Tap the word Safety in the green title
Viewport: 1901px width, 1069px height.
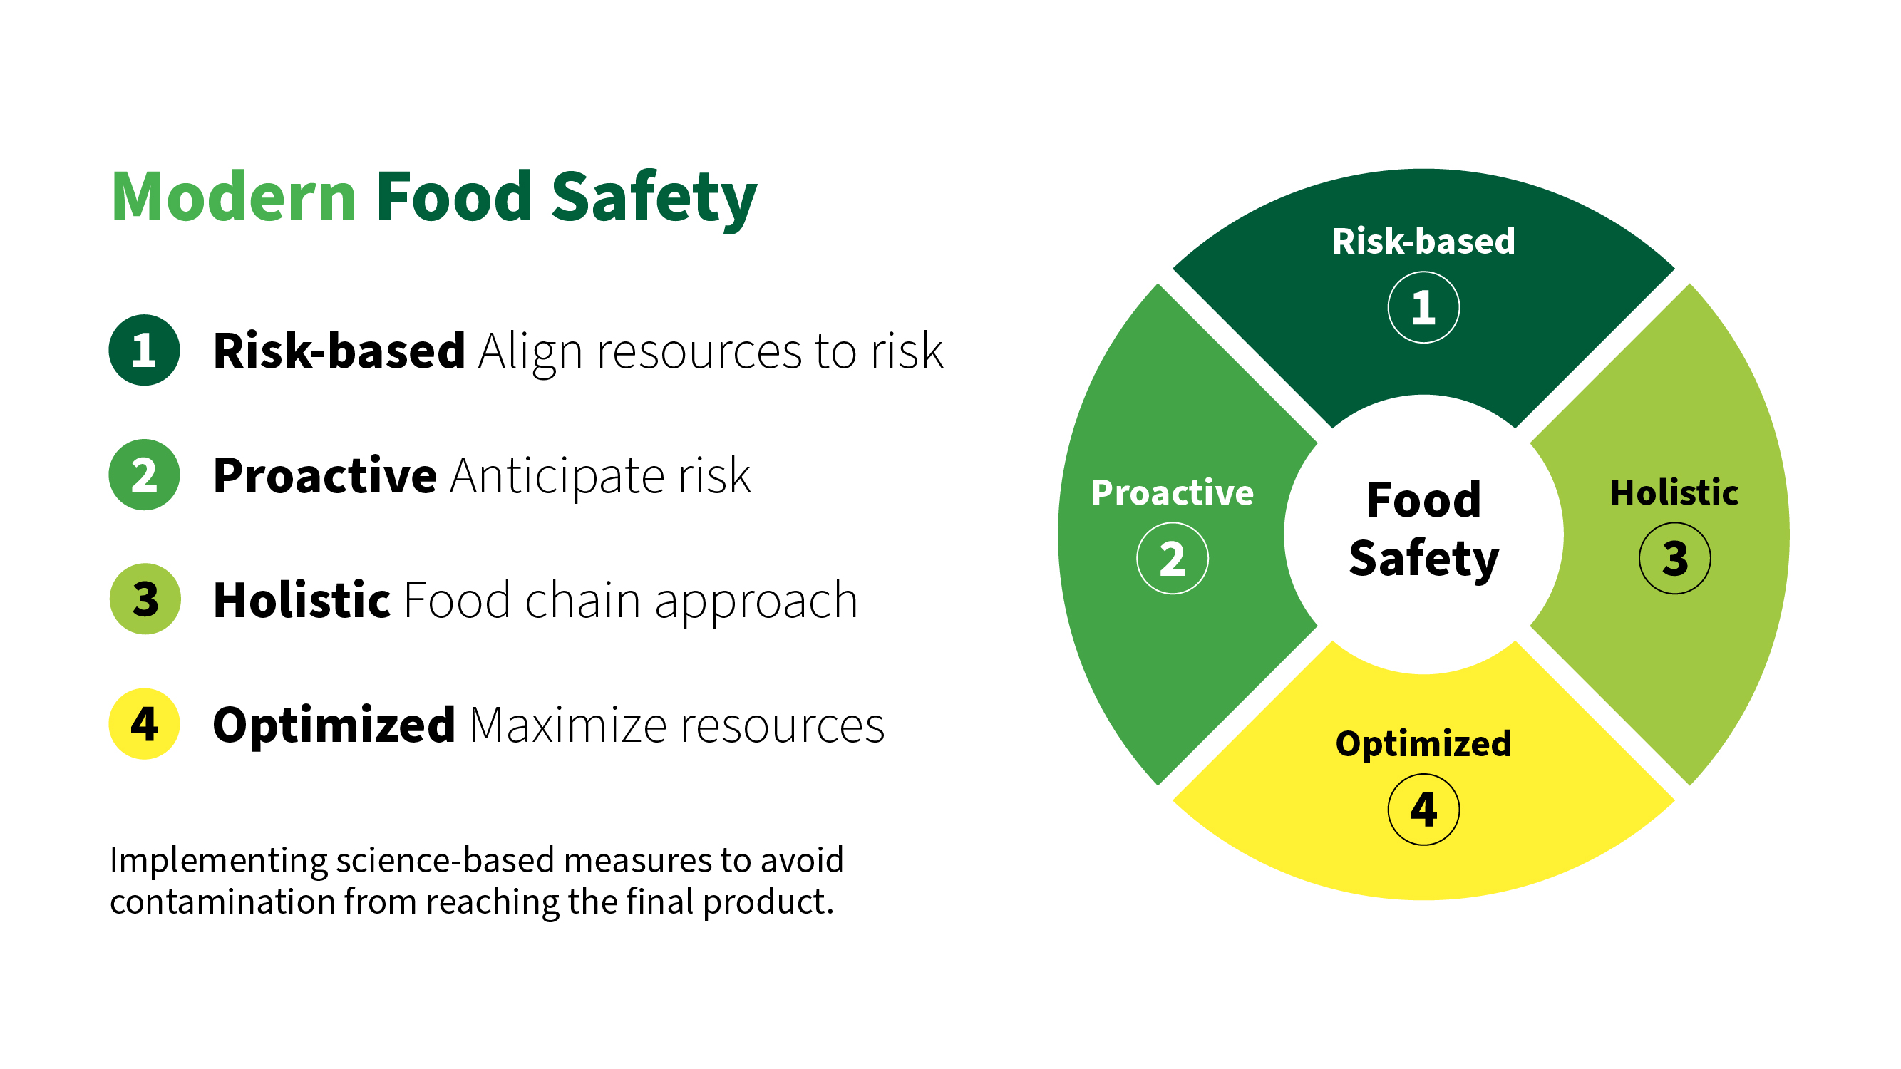[654, 200]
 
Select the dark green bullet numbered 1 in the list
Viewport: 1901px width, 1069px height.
[145, 350]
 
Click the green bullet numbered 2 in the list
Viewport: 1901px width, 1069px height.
[145, 475]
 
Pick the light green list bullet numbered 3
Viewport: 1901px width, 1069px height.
[145, 599]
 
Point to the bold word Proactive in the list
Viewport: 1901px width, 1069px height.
[325, 475]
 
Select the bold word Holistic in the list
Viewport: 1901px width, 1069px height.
[301, 599]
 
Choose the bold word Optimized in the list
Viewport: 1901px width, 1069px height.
[334, 725]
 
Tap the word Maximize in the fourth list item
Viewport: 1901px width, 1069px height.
[568, 725]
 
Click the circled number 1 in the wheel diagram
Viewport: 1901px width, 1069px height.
[1423, 308]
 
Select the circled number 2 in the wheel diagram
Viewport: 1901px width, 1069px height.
[1173, 559]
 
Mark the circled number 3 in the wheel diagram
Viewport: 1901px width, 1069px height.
[1674, 559]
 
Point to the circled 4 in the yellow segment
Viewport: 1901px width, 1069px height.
[1423, 810]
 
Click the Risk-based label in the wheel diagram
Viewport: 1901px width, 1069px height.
[1423, 242]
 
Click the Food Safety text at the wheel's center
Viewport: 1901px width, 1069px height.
[1423, 530]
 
